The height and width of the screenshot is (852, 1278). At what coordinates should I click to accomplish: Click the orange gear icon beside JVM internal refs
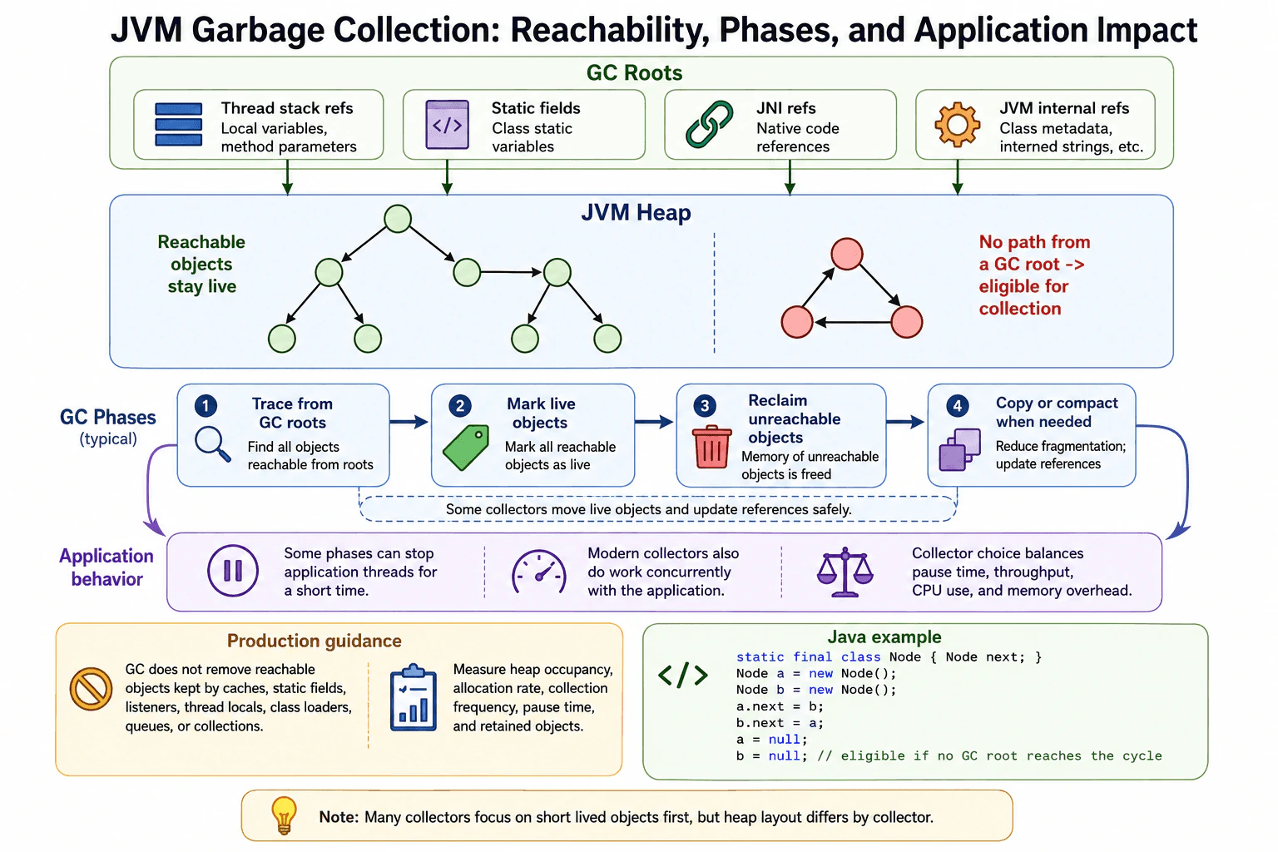click(957, 124)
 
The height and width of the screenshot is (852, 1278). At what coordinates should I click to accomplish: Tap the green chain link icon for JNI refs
click(709, 125)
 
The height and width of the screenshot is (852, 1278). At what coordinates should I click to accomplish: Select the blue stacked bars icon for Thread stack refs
click(179, 125)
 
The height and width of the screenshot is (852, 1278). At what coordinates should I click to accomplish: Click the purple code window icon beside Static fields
click(448, 125)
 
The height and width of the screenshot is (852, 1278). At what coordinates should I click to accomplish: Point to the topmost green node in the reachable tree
click(398, 219)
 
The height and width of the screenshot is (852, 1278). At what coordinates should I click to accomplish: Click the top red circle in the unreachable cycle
click(847, 254)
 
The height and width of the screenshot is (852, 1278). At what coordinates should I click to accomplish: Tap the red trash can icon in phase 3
click(711, 447)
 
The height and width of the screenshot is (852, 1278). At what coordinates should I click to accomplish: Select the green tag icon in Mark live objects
click(466, 448)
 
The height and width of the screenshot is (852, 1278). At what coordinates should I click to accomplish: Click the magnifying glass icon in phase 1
click(212, 444)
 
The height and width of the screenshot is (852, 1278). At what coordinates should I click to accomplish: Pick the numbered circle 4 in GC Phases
click(958, 406)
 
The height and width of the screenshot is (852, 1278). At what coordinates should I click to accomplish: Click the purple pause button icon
click(233, 571)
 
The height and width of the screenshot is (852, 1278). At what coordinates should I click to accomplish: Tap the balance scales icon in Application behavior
click(845, 572)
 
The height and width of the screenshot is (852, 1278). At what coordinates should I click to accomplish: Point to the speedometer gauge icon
click(538, 572)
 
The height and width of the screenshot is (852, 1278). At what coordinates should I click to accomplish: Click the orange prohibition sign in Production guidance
click(91, 689)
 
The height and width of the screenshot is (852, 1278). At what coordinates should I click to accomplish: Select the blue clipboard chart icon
click(413, 697)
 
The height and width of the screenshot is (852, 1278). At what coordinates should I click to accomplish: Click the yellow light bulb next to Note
click(284, 815)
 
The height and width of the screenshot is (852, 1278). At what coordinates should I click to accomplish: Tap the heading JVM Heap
click(636, 212)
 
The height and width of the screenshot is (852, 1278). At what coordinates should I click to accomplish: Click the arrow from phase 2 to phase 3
click(655, 422)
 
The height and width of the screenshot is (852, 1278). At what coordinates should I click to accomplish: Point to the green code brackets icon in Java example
click(682, 675)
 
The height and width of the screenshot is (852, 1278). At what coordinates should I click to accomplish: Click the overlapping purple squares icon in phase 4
click(959, 449)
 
